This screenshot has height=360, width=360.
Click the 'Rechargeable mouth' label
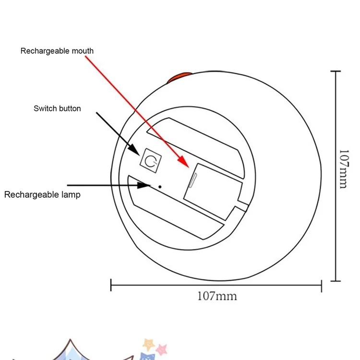57,50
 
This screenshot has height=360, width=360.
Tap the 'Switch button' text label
57,108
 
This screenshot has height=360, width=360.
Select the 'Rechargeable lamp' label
42,194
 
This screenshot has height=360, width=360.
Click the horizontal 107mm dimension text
217,296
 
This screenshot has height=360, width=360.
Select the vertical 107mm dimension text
343,169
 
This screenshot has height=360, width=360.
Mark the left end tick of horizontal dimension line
111,285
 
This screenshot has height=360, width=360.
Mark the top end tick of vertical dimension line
336,71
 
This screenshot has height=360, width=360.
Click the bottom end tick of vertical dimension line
336,281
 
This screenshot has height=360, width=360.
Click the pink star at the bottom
162,348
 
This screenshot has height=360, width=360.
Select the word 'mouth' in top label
83,50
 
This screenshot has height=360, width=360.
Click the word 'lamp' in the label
72,194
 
